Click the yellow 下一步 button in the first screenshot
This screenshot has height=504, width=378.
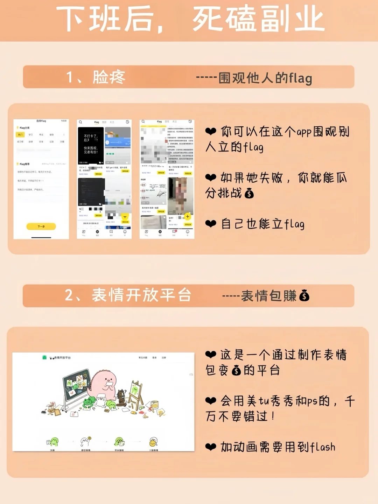click(x=41, y=226)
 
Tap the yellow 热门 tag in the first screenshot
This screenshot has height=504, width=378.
click(x=20, y=134)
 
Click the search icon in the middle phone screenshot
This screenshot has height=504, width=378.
click(x=80, y=122)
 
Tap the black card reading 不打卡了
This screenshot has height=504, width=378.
click(x=91, y=144)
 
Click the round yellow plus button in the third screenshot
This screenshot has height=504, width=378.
click(x=188, y=217)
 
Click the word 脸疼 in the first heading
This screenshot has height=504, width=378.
click(x=109, y=77)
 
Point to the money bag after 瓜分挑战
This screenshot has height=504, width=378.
click(x=249, y=193)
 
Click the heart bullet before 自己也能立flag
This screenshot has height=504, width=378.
click(x=211, y=224)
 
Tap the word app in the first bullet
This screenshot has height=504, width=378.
click(x=304, y=132)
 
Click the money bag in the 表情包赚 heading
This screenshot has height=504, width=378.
click(x=304, y=296)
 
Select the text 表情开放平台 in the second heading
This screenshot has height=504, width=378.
click(x=141, y=295)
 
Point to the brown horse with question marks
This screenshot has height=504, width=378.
click(x=121, y=397)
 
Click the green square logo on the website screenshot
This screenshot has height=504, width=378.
click(x=44, y=357)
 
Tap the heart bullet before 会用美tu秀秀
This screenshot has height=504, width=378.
click(x=211, y=401)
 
